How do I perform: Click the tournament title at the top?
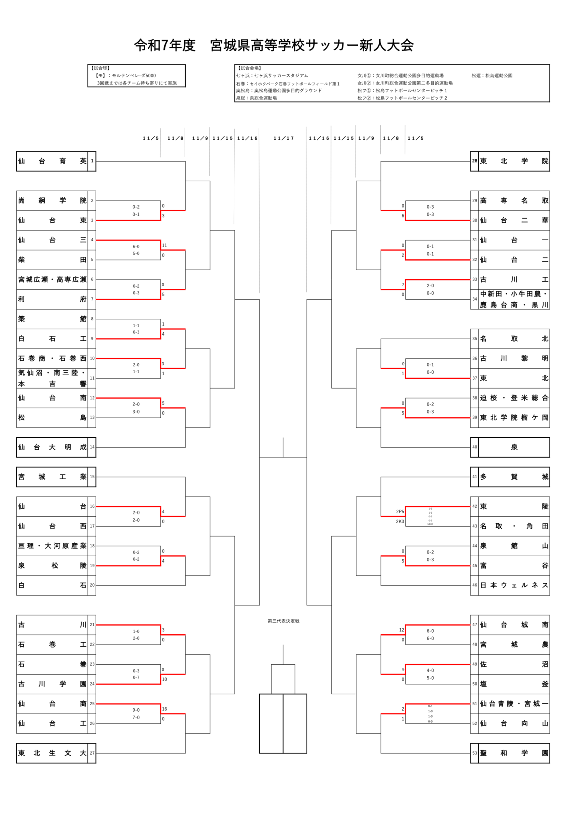(274, 45)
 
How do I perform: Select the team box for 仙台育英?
(52, 161)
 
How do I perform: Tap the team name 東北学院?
(514, 161)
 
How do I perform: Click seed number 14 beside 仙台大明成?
(92, 447)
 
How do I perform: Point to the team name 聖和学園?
(514, 753)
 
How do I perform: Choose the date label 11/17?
(283, 138)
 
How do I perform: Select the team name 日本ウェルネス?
(514, 585)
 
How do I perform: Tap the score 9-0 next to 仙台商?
(136, 710)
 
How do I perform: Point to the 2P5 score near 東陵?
(400, 512)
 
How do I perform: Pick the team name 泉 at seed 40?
(514, 448)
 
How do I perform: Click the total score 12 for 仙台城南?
(401, 630)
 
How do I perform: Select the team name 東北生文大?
(52, 753)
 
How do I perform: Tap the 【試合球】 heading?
(101, 68)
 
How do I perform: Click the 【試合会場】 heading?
(249, 68)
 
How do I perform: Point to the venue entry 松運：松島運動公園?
(492, 76)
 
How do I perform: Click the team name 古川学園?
(52, 684)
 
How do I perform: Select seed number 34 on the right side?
(474, 299)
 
